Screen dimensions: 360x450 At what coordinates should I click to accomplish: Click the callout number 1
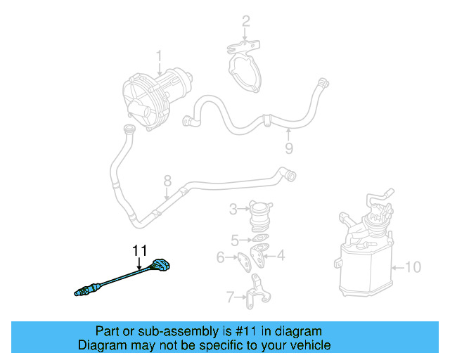click(159, 55)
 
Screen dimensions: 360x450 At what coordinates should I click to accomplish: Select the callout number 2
click(245, 22)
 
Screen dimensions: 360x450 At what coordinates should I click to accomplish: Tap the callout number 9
click(288, 148)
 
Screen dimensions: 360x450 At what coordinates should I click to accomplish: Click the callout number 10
click(415, 267)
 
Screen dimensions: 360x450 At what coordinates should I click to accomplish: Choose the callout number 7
click(229, 297)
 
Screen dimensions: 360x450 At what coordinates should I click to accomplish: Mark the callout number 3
click(233, 209)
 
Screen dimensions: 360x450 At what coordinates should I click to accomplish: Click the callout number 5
click(236, 239)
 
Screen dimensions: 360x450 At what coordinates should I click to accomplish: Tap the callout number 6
click(220, 258)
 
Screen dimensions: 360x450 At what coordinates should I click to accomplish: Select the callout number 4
click(281, 255)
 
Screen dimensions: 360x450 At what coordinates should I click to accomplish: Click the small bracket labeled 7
click(255, 293)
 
